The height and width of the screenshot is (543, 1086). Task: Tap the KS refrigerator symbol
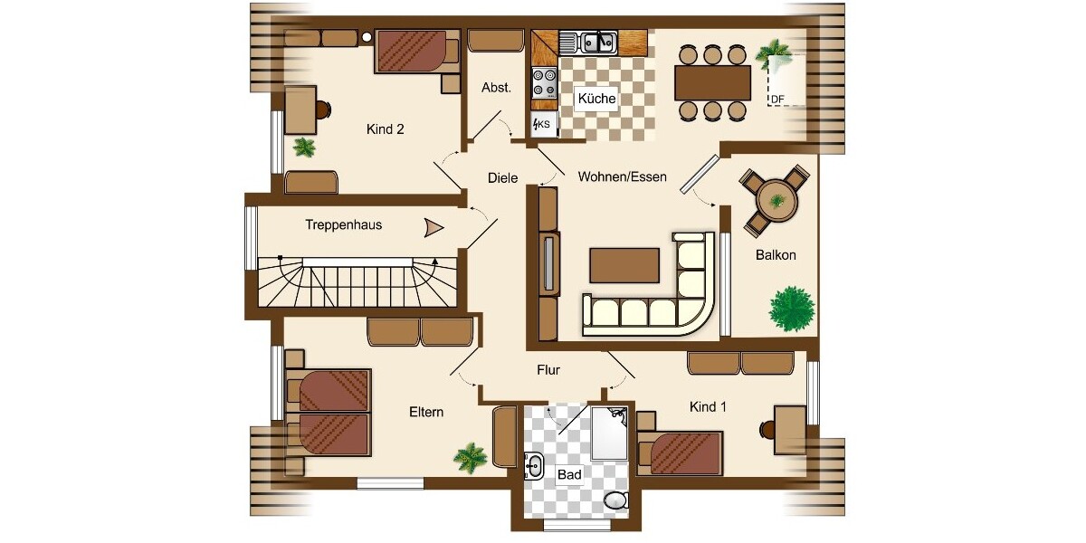click(x=542, y=123)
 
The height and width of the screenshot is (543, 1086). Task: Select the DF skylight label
click(x=776, y=100)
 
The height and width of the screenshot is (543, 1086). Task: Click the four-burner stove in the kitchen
click(x=544, y=83)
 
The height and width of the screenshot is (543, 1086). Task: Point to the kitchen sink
click(x=597, y=42)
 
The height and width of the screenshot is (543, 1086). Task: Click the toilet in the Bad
click(x=616, y=500)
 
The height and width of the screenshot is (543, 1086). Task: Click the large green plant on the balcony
click(x=792, y=309)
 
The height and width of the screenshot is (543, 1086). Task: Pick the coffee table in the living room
click(x=624, y=265)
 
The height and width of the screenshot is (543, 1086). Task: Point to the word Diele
click(x=502, y=178)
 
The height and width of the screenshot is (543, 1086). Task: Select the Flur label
click(x=548, y=370)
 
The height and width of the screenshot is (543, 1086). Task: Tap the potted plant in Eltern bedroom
click(x=470, y=458)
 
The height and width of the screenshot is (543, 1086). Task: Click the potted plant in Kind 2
click(x=303, y=147)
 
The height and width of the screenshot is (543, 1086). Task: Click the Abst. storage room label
click(x=496, y=88)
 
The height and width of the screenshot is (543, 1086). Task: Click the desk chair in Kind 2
click(x=322, y=110)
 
